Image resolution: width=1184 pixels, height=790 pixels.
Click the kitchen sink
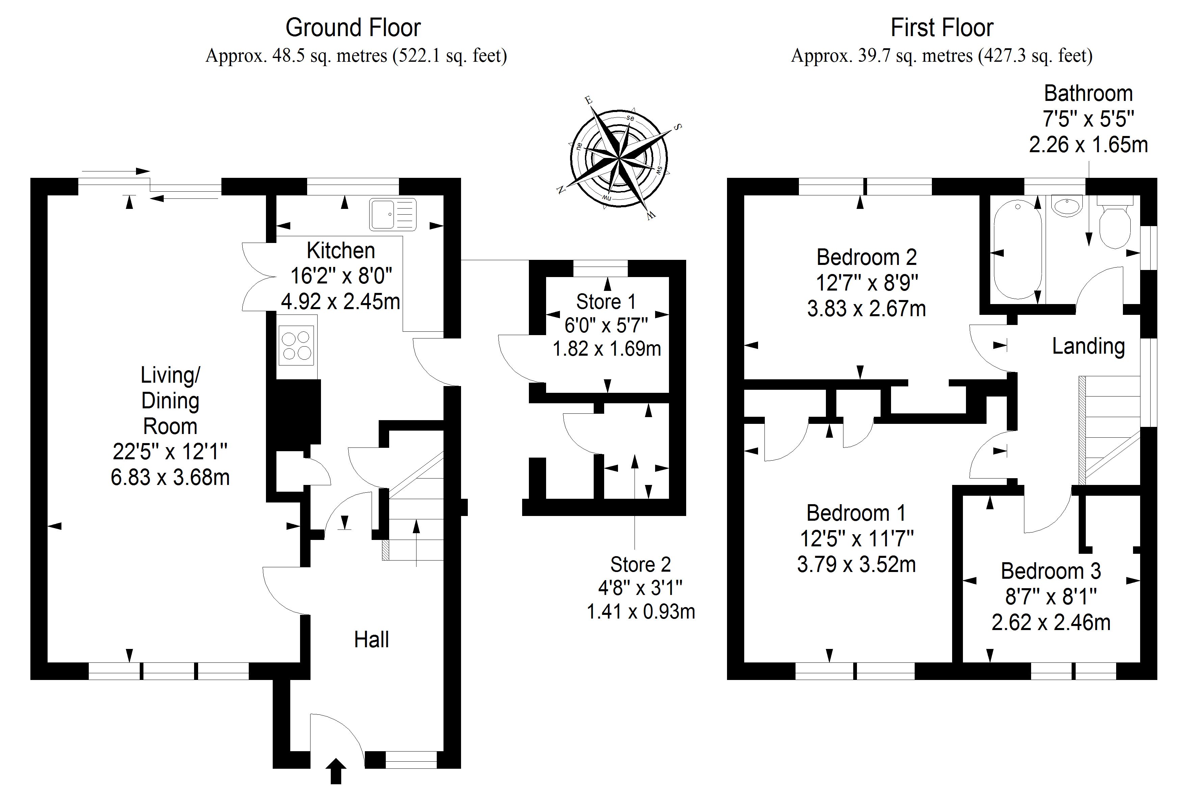pyautogui.click(x=393, y=214)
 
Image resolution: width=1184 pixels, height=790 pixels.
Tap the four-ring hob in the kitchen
pyautogui.click(x=296, y=345)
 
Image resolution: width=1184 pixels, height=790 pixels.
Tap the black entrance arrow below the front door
pyautogui.click(x=337, y=771)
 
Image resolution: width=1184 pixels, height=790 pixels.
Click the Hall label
pyautogui.click(x=371, y=640)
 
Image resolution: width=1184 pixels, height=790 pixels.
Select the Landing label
pyautogui.click(x=1088, y=346)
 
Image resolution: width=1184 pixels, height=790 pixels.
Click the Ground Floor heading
pyautogui.click(x=353, y=28)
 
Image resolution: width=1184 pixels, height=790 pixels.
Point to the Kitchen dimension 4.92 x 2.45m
pyautogui.click(x=341, y=302)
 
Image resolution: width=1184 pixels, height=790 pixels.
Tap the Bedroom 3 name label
pyautogui.click(x=1050, y=571)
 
